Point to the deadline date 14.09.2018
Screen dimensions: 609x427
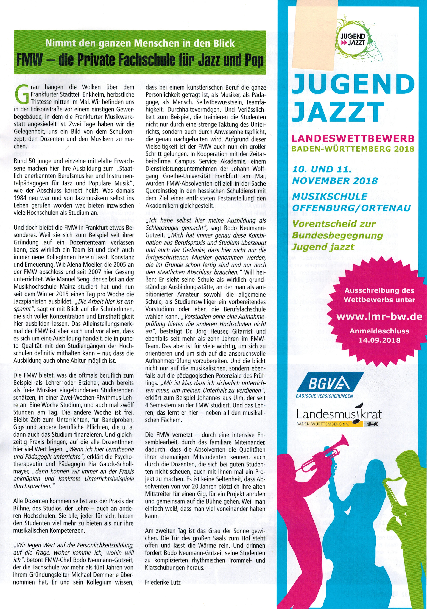379,340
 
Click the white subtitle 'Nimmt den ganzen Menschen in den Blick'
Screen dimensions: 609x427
140,43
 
